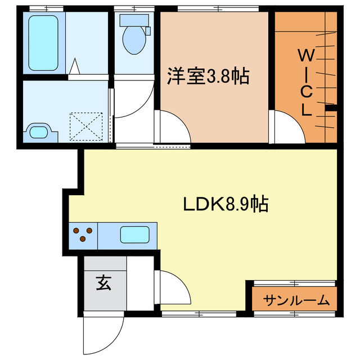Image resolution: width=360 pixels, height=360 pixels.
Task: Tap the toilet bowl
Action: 134,39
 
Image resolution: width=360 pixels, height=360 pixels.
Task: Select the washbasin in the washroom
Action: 41,132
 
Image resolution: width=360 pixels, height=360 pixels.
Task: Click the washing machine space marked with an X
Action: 85,126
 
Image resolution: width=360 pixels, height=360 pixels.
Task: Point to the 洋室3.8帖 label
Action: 208,75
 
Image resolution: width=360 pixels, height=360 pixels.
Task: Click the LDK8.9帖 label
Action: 225,204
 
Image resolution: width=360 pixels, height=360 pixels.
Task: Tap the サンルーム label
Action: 296,300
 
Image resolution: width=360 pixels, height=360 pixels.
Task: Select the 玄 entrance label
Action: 103,283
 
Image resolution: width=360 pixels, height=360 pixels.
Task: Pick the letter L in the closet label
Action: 306,110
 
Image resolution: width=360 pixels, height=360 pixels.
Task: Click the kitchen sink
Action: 135,235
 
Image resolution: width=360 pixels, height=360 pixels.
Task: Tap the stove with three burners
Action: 83,235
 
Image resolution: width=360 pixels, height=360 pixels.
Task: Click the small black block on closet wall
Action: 330,107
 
